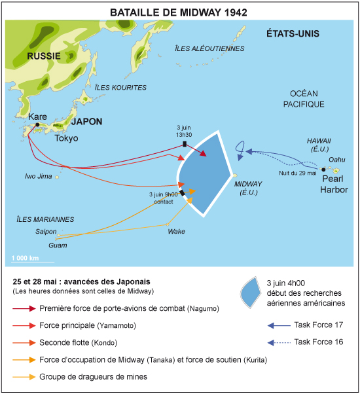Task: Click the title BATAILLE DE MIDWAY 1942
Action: (179, 12)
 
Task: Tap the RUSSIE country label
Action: (44, 56)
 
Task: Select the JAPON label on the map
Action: (86, 122)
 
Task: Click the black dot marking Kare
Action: (37, 124)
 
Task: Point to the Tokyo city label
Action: (66, 138)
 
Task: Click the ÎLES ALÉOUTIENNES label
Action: (209, 48)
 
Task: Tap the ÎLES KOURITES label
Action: (120, 88)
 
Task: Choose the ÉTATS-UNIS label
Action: (293, 33)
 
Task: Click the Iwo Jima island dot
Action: (57, 177)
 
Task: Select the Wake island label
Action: (176, 232)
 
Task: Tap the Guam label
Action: (58, 245)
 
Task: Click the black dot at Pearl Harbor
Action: (323, 170)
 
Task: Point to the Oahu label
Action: (337, 160)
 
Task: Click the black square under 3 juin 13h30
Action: (185, 144)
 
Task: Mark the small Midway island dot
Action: (234, 175)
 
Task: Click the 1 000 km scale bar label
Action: (25, 258)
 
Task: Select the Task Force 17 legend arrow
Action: (279, 326)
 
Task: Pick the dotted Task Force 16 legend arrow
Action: (279, 343)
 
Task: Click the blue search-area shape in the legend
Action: (251, 293)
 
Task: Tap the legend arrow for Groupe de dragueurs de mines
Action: (24, 377)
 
